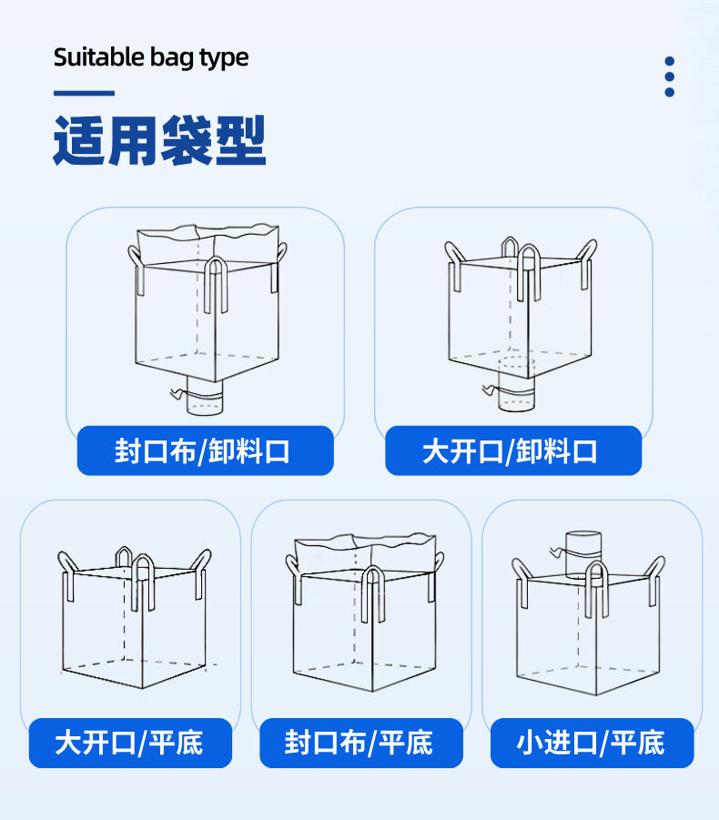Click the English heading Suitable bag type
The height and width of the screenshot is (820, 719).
151,57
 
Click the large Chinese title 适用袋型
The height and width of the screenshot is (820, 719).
159,141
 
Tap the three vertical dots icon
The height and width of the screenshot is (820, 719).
669,76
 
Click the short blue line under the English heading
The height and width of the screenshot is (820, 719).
84,93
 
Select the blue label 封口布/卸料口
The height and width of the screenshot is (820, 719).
205,450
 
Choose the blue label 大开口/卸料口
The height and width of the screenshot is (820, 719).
512,450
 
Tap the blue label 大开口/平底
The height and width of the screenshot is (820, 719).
130,743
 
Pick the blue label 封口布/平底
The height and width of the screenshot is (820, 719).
360,743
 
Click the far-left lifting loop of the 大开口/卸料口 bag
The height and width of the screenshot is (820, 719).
453,262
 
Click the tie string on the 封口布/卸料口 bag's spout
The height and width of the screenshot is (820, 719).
178,393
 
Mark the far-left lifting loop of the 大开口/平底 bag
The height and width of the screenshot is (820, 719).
67,573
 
